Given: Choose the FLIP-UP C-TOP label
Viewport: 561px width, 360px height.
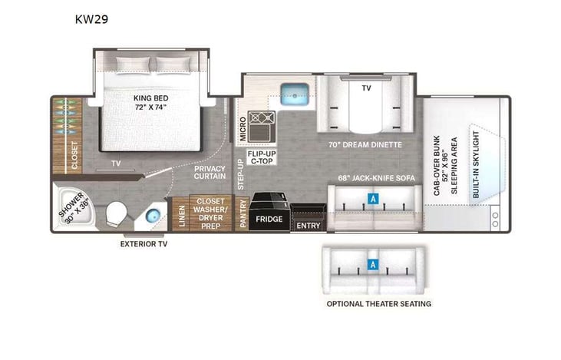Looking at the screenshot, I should (261, 159).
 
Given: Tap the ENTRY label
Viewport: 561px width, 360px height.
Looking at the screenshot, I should (308, 226).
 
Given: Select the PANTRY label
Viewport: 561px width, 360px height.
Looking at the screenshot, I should (243, 213).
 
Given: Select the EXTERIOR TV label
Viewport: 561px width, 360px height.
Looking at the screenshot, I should (144, 244).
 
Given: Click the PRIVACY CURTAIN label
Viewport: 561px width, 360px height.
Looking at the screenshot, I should (210, 173).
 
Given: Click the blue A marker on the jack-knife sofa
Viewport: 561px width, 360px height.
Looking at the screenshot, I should (373, 198).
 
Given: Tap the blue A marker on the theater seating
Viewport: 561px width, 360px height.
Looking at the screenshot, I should (373, 265).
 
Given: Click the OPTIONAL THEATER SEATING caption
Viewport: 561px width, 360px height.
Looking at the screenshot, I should (378, 304).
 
